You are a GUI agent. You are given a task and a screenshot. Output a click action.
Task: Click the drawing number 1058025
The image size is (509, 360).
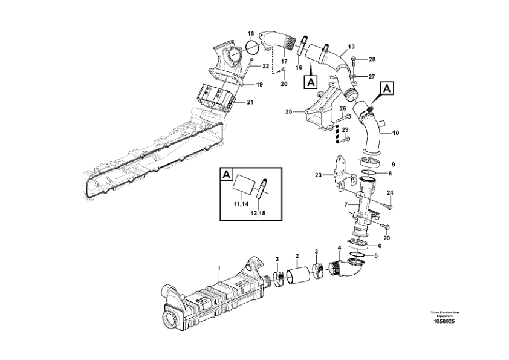click(x=444, y=321)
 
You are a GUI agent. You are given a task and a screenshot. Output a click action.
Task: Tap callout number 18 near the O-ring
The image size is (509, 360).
click(x=251, y=33)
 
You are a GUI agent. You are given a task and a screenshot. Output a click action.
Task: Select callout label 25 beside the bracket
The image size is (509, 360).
click(x=289, y=111)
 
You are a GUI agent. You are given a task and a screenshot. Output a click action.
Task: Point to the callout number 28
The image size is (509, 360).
click(x=372, y=59)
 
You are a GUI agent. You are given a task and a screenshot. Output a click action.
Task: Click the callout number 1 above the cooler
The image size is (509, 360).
click(x=219, y=269)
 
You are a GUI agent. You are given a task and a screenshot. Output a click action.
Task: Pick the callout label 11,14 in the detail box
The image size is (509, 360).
click(x=241, y=205)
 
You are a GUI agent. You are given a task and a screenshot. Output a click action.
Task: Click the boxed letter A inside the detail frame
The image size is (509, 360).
click(x=227, y=175)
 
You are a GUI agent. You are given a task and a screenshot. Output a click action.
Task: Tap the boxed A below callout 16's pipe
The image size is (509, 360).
click(x=311, y=82)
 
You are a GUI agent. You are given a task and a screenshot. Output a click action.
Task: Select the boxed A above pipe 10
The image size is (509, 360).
click(x=387, y=88)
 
